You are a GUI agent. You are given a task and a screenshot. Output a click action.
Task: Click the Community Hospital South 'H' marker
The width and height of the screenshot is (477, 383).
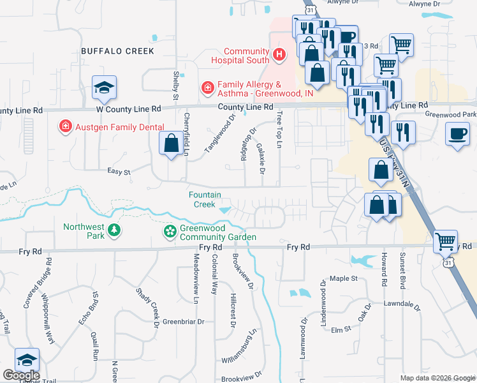tap(279, 56)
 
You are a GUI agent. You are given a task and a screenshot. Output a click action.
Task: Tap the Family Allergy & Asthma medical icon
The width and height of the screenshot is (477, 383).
tap(207, 87)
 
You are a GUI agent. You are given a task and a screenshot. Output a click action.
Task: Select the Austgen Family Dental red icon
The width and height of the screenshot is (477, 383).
tap(64, 127)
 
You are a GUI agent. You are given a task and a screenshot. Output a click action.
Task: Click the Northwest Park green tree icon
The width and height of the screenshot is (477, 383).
tap(114, 230)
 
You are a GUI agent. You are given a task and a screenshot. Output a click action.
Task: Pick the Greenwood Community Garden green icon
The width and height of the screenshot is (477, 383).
tap(170, 231)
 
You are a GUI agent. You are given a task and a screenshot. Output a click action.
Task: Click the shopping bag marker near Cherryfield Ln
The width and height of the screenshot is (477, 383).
tap(172, 143)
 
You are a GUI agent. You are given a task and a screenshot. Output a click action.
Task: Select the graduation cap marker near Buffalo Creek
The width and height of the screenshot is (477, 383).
tap(104, 88)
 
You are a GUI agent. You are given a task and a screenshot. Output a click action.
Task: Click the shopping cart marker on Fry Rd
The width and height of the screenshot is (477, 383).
tap(445, 243)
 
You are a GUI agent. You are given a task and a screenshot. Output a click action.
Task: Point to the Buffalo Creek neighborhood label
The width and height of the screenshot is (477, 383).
tap(117, 50)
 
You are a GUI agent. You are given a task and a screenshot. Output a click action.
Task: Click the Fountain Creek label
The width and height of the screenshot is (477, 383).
tap(204, 199)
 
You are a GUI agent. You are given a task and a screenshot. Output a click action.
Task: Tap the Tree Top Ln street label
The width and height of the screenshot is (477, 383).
tap(279, 130)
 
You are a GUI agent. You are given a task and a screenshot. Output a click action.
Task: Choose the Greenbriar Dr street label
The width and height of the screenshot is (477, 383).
tap(184, 322)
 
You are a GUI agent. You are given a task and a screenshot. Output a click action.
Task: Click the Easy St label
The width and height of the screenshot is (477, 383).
tap(119, 172)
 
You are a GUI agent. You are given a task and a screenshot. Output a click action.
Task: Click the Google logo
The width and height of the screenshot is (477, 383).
tap(20, 375)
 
